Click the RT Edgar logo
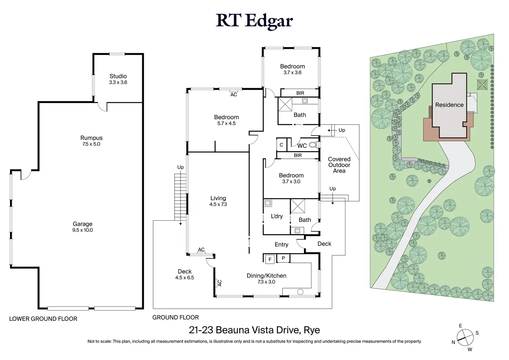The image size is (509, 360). (x=254, y=21)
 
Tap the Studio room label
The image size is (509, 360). (x=118, y=76)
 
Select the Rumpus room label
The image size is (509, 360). (x=91, y=138)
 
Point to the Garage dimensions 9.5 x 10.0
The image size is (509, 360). (x=83, y=230)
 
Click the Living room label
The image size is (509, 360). (x=218, y=198)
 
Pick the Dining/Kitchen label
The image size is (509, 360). (x=267, y=276)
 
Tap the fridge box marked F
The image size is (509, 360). (x=270, y=259)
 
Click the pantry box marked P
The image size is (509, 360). (x=283, y=258)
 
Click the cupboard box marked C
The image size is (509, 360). (x=281, y=145)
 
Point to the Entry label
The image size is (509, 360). (x=281, y=244)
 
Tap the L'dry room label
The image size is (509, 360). (x=277, y=216)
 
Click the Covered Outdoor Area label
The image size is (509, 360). (x=339, y=165)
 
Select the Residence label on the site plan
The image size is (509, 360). (x=449, y=105)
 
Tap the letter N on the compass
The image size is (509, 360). (x=453, y=342)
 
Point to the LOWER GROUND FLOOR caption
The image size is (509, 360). (x=43, y=319)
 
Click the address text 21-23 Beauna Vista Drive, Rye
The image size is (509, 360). (x=254, y=330)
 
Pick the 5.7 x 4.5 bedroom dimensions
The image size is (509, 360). (x=226, y=123)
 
